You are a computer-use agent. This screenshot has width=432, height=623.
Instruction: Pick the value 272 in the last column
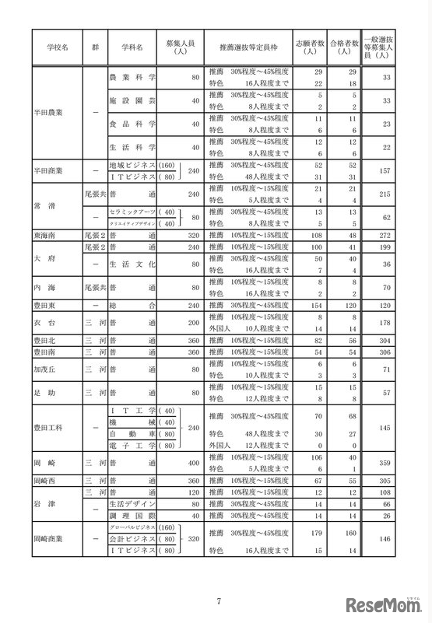point(381,234)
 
